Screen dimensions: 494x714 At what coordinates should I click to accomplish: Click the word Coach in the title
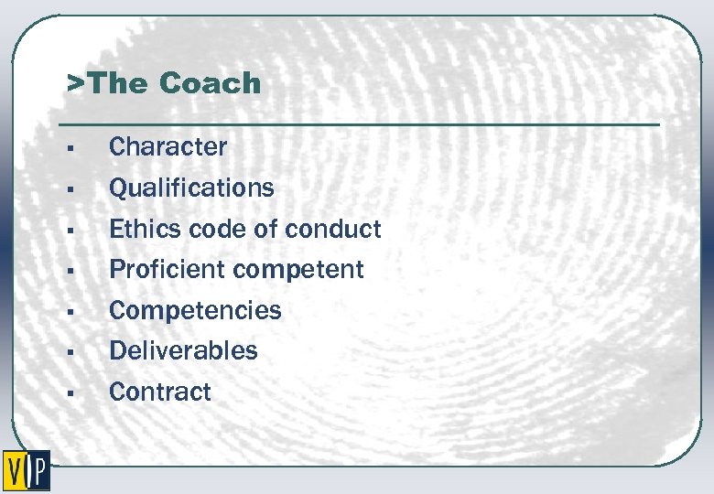point(210,83)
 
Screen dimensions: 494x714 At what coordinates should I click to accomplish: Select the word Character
point(168,146)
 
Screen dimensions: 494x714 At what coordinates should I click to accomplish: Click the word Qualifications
point(191,188)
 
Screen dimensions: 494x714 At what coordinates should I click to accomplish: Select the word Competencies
point(195,310)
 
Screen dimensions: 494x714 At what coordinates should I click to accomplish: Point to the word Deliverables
point(183,350)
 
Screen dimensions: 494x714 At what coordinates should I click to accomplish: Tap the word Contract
point(159,392)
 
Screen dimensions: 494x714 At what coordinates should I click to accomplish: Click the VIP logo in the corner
point(26,470)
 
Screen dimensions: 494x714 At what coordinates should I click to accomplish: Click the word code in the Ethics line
point(212,229)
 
